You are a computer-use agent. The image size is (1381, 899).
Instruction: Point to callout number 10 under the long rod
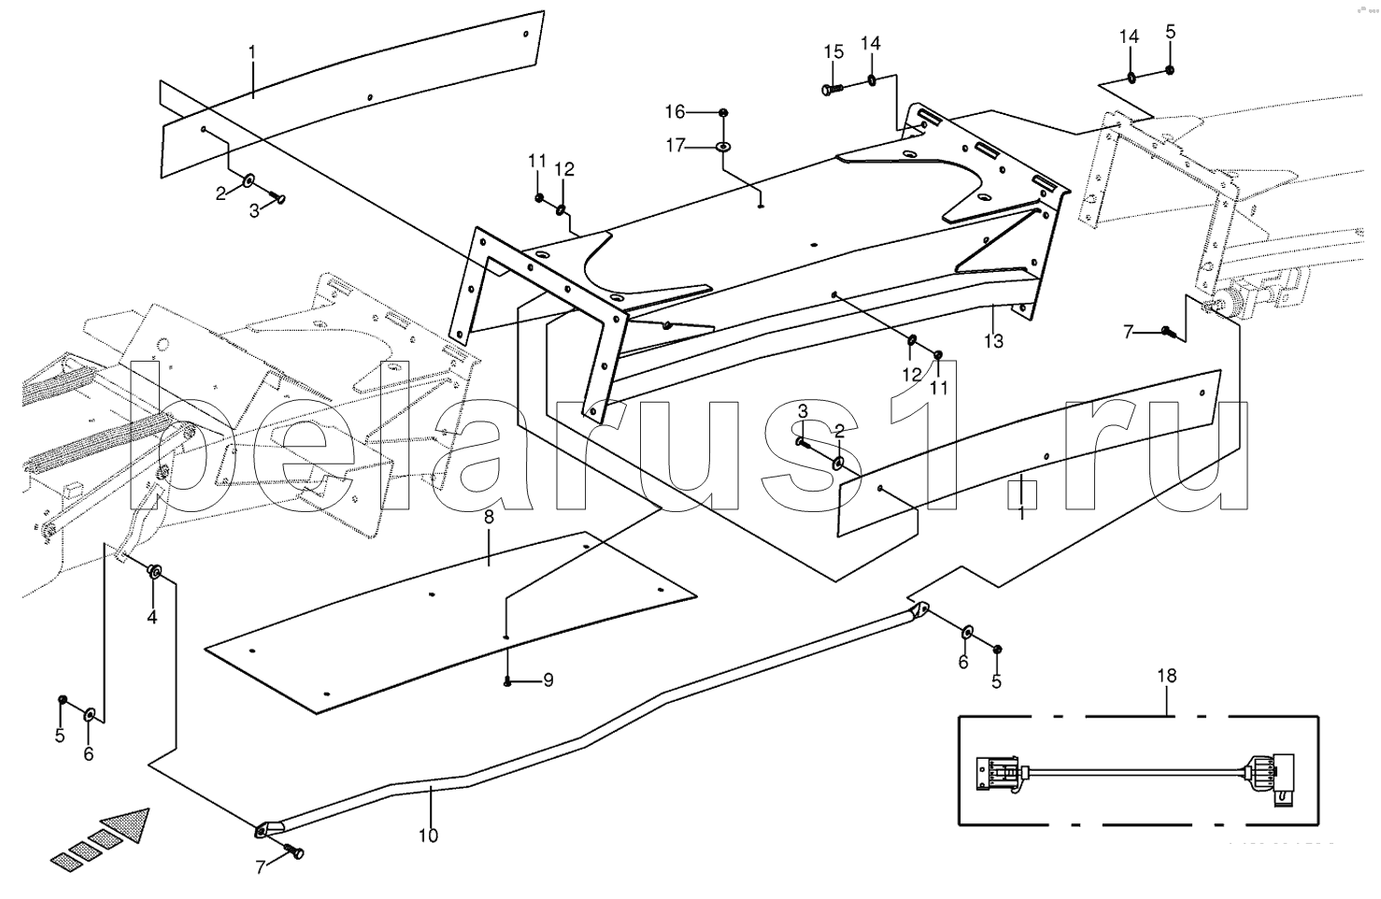[x=428, y=835]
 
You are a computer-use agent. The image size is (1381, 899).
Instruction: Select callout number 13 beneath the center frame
[x=993, y=341]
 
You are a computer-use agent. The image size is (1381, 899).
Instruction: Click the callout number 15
[x=833, y=50]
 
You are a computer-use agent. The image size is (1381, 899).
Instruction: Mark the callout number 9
[x=548, y=680]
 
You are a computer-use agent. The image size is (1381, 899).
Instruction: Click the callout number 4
[x=150, y=617]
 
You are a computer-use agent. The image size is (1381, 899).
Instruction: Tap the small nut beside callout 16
[x=724, y=112]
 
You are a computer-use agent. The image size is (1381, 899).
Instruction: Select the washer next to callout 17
[x=723, y=146]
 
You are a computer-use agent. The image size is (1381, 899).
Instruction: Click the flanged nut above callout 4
[x=156, y=570]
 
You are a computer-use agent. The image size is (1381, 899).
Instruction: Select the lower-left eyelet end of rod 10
[x=267, y=828]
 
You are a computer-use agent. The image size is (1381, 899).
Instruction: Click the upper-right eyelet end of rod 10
[x=919, y=610]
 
